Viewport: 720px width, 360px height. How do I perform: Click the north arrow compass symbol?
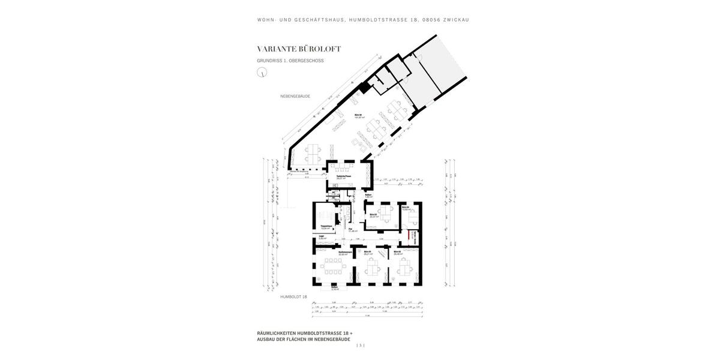point(262,73)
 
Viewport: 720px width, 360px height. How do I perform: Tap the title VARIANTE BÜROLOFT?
point(299,49)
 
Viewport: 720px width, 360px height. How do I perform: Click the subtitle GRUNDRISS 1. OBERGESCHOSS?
point(290,61)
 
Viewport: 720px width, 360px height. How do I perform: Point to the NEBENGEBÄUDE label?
point(295,96)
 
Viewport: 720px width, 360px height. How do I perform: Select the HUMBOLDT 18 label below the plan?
point(293,296)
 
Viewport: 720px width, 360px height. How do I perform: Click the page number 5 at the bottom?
point(360,345)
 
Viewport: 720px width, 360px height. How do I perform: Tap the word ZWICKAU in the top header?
point(455,20)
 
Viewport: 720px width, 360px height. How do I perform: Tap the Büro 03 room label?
point(373,215)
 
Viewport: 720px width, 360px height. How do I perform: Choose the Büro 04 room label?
point(406,208)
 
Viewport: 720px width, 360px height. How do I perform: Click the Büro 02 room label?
point(397,252)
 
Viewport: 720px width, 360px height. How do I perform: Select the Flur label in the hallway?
point(350,229)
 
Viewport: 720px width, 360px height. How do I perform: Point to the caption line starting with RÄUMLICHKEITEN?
point(304,332)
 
